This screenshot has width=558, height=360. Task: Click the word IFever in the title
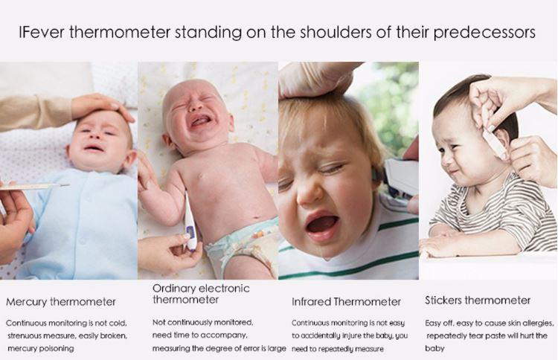(x=42, y=32)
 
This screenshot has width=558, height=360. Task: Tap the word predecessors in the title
(x=484, y=33)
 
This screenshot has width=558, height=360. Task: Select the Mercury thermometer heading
(x=61, y=302)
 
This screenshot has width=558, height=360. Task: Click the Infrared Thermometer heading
(x=346, y=302)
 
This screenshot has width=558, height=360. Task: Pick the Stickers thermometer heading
(x=478, y=300)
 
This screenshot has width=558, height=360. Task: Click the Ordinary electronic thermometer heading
(x=201, y=294)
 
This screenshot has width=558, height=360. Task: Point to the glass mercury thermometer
(x=34, y=187)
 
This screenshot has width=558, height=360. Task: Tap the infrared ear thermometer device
(x=401, y=177)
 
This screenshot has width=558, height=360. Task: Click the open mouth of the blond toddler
(x=321, y=226)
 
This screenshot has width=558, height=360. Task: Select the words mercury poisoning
(x=41, y=349)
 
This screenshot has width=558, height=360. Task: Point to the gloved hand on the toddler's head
(x=317, y=80)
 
